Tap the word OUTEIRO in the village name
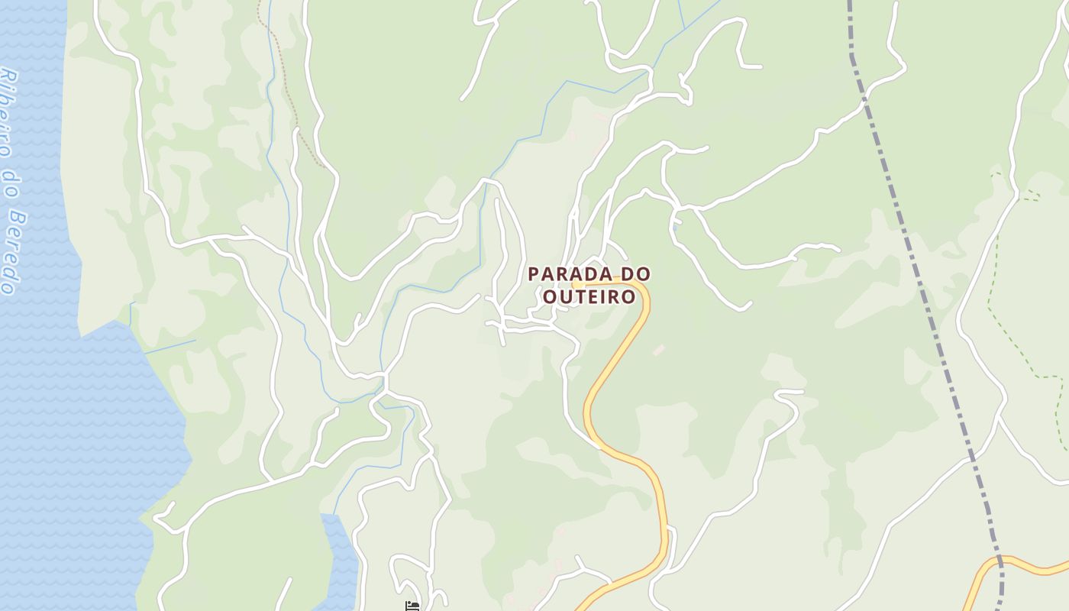(x=589, y=296)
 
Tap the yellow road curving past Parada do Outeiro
(x=611, y=367)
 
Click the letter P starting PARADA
(x=533, y=273)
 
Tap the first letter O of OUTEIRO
(x=550, y=296)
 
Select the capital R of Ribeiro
(x=8, y=78)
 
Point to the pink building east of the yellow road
(x=659, y=350)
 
